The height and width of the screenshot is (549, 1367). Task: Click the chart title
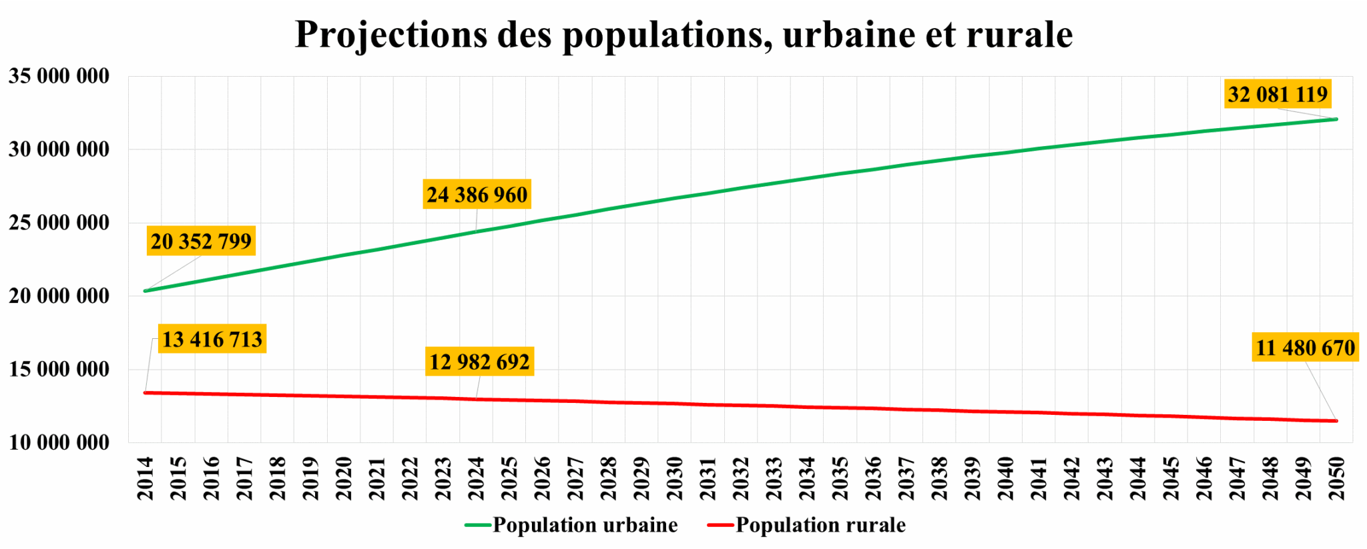click(683, 35)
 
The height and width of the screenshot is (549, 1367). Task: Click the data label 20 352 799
click(201, 241)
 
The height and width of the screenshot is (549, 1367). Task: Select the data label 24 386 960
click(477, 195)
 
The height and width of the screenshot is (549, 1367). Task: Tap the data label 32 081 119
click(1278, 94)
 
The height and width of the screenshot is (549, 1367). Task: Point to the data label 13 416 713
click(212, 339)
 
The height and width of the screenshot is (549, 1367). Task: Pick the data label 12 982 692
click(479, 362)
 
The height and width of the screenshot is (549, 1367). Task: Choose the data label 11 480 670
click(1305, 348)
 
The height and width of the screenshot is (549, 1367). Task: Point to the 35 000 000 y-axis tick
click(59, 76)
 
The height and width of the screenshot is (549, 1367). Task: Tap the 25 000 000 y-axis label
click(59, 223)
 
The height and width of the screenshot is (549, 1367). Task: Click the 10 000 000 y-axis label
click(59, 442)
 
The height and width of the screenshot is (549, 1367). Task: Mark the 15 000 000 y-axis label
click(59, 369)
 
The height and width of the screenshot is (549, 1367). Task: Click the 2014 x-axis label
click(145, 478)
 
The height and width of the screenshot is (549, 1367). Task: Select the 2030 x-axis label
click(674, 478)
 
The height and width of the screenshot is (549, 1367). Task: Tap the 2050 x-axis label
click(1336, 478)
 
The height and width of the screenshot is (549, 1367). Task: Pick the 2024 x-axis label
click(476, 478)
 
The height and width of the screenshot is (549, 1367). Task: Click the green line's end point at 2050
click(1336, 119)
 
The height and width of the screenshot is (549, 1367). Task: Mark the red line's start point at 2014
click(145, 393)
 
